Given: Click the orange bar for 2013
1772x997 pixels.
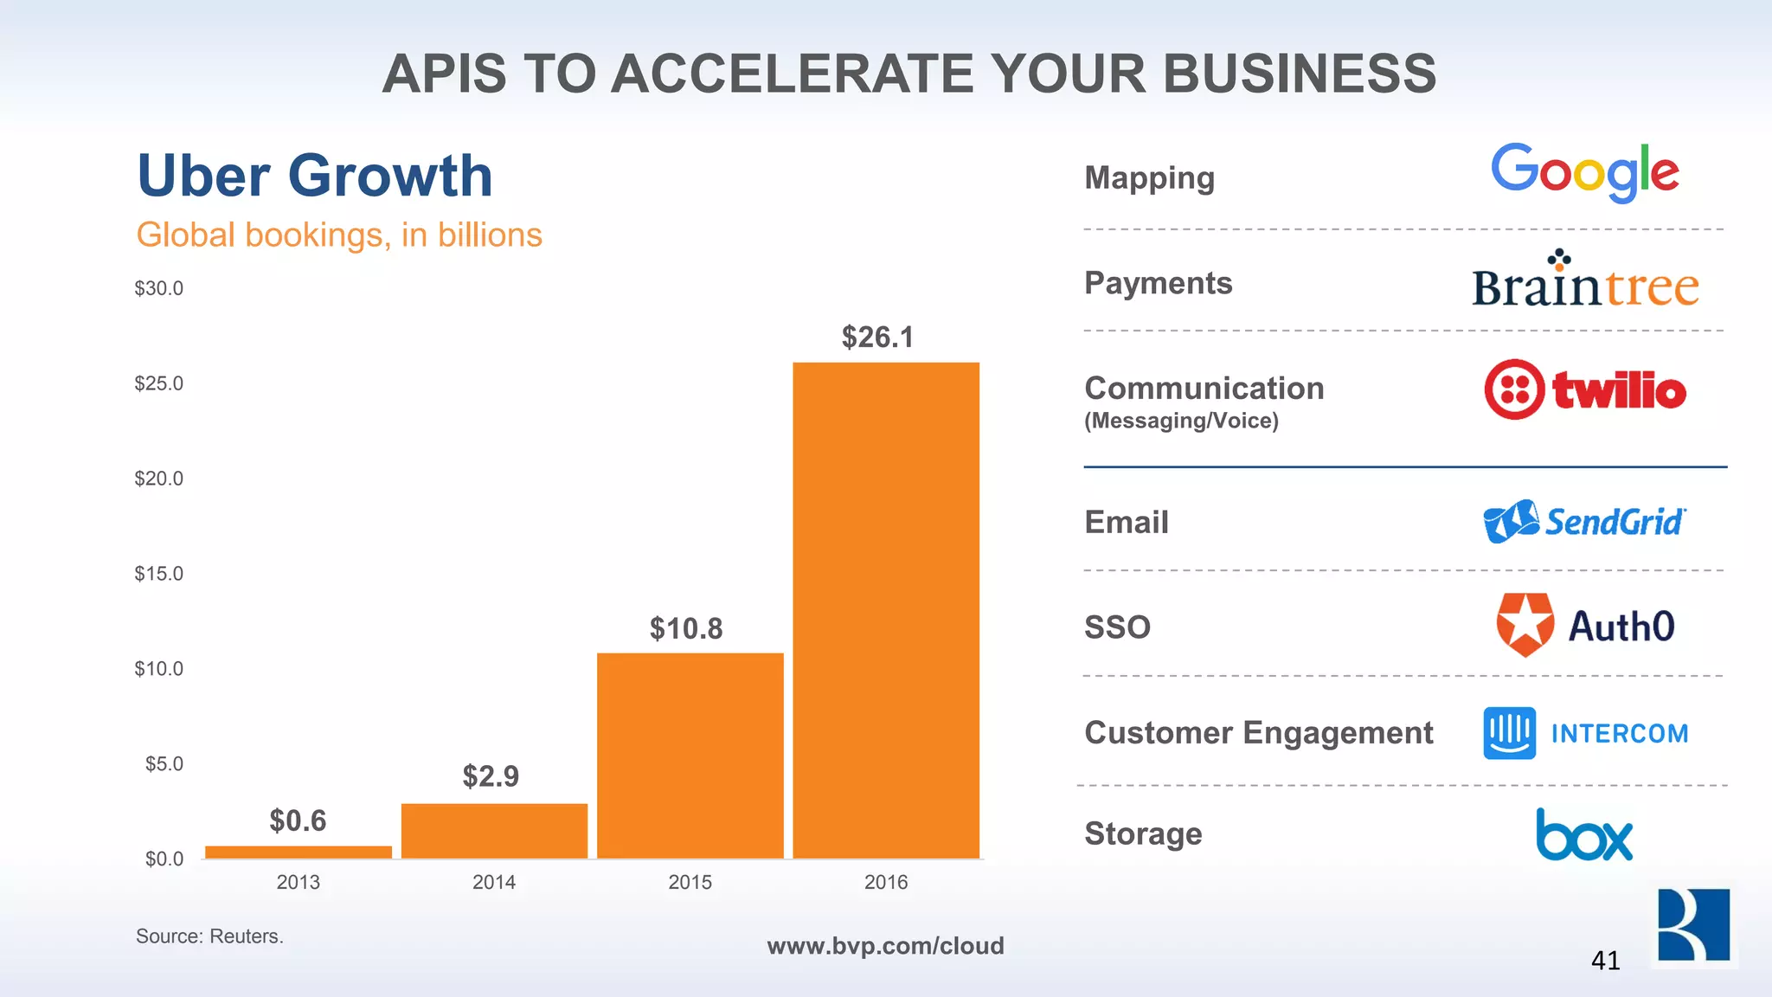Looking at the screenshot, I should [299, 852].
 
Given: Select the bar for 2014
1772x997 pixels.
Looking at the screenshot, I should [494, 831].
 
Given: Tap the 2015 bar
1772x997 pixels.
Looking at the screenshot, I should [690, 756].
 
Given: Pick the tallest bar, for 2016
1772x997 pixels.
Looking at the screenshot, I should [886, 610].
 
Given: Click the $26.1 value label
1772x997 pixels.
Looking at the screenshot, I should [877, 338].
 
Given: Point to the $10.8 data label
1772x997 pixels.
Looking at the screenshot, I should [686, 629].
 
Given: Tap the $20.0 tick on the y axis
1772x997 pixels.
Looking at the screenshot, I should [159, 479].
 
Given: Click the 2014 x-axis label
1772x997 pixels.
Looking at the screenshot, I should [494, 882].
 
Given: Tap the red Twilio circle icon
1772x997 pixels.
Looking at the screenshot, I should [1514, 389].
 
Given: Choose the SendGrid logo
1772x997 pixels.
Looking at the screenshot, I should [1585, 522].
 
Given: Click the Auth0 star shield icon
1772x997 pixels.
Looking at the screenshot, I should [1525, 625].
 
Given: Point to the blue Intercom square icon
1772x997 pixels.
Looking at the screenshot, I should [1510, 733].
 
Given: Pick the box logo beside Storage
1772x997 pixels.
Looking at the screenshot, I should [1585, 835].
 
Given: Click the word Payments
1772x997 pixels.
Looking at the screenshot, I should [1158, 283].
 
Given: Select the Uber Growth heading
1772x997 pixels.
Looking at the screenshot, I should [315, 176].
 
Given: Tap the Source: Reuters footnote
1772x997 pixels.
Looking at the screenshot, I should [209, 936].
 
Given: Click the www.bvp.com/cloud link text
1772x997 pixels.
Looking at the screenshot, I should [885, 946].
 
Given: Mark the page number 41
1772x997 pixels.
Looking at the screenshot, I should [1605, 961].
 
